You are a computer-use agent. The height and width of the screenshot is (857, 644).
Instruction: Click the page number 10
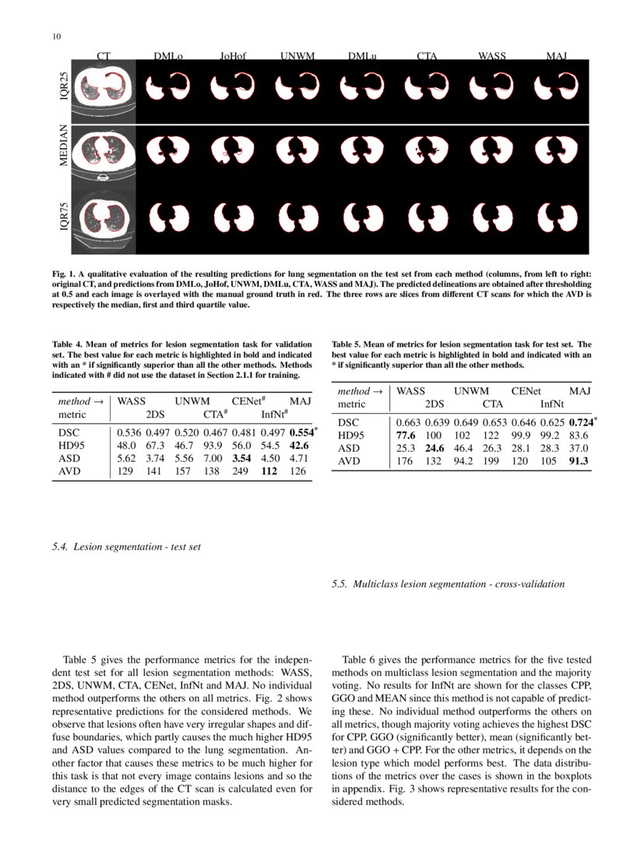point(56,37)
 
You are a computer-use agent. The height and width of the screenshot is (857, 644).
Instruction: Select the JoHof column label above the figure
point(232,56)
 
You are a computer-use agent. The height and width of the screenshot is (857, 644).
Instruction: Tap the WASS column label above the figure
point(491,56)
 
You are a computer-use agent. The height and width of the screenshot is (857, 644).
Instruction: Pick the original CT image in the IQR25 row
point(104,91)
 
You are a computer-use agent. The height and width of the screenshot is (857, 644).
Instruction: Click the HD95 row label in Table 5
point(350,435)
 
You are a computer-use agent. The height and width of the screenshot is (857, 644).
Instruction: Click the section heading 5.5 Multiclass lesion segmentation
point(449,583)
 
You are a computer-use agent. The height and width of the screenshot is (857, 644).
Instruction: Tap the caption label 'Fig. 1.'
point(62,275)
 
